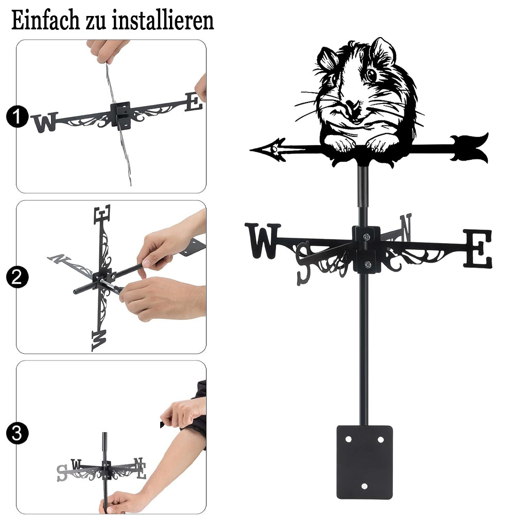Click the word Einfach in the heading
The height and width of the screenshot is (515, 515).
(45, 20)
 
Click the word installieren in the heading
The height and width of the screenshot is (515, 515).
(163, 20)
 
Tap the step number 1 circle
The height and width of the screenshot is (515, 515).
(17, 116)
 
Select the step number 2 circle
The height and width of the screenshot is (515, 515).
(17, 277)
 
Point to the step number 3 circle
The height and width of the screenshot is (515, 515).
(17, 433)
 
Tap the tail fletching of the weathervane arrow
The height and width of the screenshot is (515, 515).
(469, 148)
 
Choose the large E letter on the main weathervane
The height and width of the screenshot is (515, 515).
(478, 248)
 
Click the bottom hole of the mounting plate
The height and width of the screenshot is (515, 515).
(364, 486)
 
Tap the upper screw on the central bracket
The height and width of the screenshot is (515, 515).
(366, 236)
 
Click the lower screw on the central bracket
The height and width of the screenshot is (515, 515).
(368, 264)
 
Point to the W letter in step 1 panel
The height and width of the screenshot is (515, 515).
(45, 123)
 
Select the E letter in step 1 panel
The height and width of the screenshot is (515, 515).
(194, 102)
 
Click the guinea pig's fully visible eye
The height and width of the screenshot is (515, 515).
(371, 75)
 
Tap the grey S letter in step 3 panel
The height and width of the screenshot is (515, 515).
(62, 473)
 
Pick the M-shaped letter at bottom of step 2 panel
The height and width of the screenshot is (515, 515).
(99, 340)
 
